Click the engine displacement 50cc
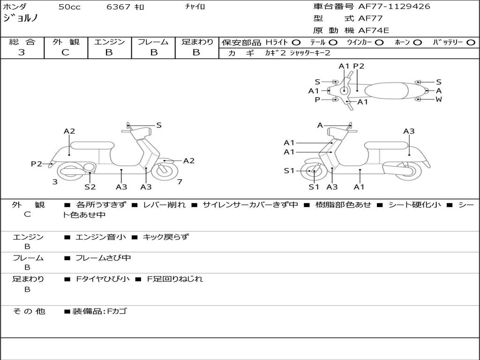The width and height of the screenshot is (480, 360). (69, 7)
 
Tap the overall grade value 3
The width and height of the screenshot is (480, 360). (22, 52)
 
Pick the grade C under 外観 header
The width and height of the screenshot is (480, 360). (65, 52)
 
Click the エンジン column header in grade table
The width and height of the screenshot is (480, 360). (109, 42)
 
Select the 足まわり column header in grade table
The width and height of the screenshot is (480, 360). (197, 42)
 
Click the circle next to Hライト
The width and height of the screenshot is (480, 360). (296, 43)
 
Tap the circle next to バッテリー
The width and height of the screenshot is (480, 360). (471, 43)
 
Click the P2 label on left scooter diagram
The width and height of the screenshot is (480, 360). (37, 164)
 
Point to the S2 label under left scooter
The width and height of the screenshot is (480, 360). (90, 187)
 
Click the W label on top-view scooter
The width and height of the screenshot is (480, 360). (439, 99)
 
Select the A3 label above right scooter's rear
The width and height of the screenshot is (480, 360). (409, 131)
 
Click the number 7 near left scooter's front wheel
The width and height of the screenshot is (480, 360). (180, 181)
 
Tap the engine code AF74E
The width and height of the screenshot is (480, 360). (374, 31)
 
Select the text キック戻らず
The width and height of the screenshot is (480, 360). (165, 237)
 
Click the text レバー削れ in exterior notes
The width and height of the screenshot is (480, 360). (164, 205)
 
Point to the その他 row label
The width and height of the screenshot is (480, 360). (29, 311)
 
